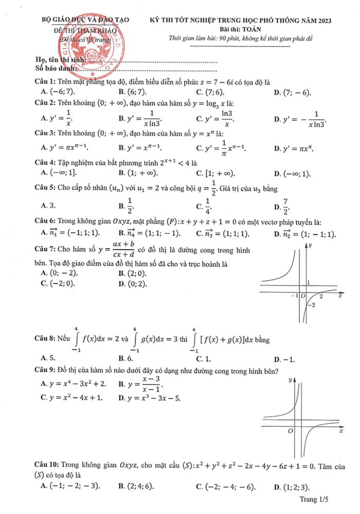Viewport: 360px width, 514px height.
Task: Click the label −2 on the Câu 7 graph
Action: tap(310, 306)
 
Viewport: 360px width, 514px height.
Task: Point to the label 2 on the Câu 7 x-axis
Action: tap(321, 297)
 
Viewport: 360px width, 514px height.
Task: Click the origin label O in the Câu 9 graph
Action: tap(291, 429)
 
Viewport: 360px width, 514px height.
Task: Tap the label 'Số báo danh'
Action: tap(53, 68)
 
